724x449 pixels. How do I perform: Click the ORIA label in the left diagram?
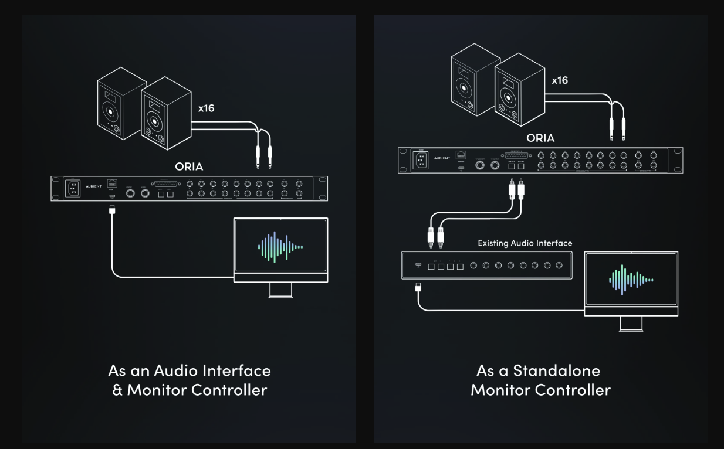pyautogui.click(x=188, y=166)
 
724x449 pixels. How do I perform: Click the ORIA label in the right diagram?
pyautogui.click(x=540, y=138)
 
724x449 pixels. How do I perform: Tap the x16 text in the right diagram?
pyautogui.click(x=560, y=80)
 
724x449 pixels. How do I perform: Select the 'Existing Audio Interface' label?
pyautogui.click(x=525, y=243)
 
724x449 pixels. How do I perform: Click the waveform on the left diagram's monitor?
pyautogui.click(x=280, y=247)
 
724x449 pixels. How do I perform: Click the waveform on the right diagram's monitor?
pyautogui.click(x=631, y=280)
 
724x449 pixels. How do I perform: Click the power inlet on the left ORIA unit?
pyautogui.click(x=72, y=188)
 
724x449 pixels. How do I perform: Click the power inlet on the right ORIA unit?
pyautogui.click(x=422, y=160)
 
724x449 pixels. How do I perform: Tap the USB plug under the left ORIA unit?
pyautogui.click(x=113, y=209)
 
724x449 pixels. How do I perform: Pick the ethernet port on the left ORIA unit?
pyautogui.click(x=112, y=183)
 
